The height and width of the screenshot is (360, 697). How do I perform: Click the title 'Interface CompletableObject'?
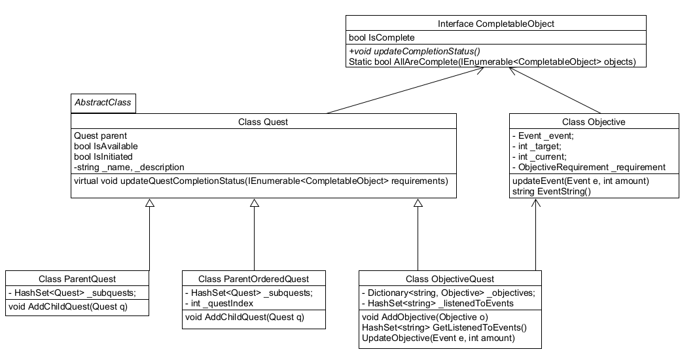tap(496, 24)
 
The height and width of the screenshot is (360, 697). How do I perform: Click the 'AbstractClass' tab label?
tap(103, 103)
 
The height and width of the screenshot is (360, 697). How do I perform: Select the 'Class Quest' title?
tap(262, 122)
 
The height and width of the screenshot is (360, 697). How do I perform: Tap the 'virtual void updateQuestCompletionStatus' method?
tap(260, 181)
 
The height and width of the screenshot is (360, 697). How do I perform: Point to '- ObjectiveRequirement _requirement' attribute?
tap(588, 167)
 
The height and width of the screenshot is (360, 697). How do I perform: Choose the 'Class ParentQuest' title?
tap(77, 279)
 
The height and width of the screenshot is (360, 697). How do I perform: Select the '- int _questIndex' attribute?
tap(220, 303)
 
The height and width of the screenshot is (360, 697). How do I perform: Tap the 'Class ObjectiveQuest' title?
tap(450, 279)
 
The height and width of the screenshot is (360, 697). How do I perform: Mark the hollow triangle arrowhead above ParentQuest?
tap(150, 204)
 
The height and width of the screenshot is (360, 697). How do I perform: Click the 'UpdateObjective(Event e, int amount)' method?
tap(438, 338)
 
